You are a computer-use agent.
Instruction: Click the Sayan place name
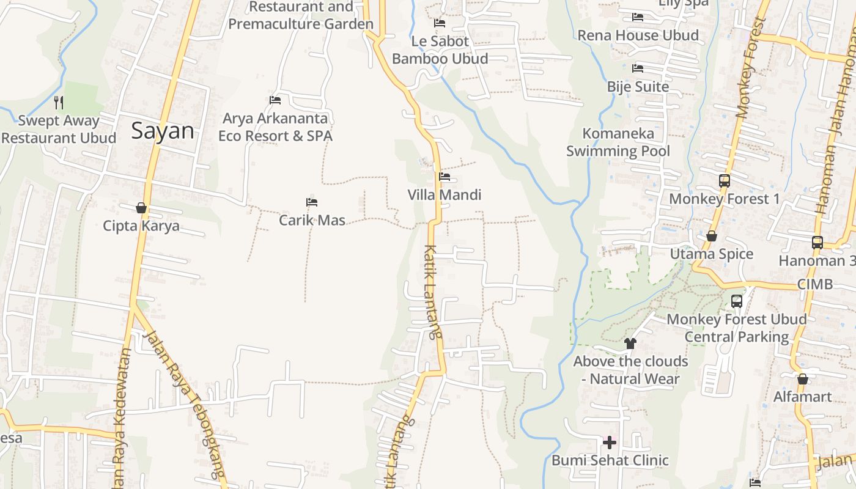pyautogui.click(x=163, y=131)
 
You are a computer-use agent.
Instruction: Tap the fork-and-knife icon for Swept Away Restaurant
pyautogui.click(x=59, y=102)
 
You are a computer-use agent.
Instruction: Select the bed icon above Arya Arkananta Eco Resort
pyautogui.click(x=275, y=100)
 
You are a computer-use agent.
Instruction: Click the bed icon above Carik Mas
pyautogui.click(x=312, y=202)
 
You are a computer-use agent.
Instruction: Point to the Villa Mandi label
pyautogui.click(x=445, y=195)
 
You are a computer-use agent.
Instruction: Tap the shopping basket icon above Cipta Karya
pyautogui.click(x=141, y=208)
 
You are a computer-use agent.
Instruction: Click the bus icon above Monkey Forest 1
pyautogui.click(x=725, y=180)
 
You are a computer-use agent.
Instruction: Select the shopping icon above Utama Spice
pyautogui.click(x=712, y=236)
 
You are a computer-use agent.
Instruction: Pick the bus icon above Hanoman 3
pyautogui.click(x=817, y=242)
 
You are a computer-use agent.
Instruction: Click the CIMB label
pyautogui.click(x=815, y=284)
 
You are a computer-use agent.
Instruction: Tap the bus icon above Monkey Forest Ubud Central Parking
pyautogui.click(x=737, y=301)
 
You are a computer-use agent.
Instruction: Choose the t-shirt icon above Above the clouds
pyautogui.click(x=630, y=343)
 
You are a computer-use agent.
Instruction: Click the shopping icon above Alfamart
pyautogui.click(x=803, y=379)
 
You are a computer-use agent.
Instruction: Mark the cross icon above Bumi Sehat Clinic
pyautogui.click(x=609, y=442)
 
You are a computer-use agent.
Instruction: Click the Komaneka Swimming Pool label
pyautogui.click(x=618, y=142)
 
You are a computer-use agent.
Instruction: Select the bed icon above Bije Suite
pyautogui.click(x=638, y=68)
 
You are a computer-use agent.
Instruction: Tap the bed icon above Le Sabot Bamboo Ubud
pyautogui.click(x=440, y=23)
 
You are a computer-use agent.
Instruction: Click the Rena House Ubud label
pyautogui.click(x=638, y=35)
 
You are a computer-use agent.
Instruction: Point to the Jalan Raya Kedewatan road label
pyautogui.click(x=122, y=416)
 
